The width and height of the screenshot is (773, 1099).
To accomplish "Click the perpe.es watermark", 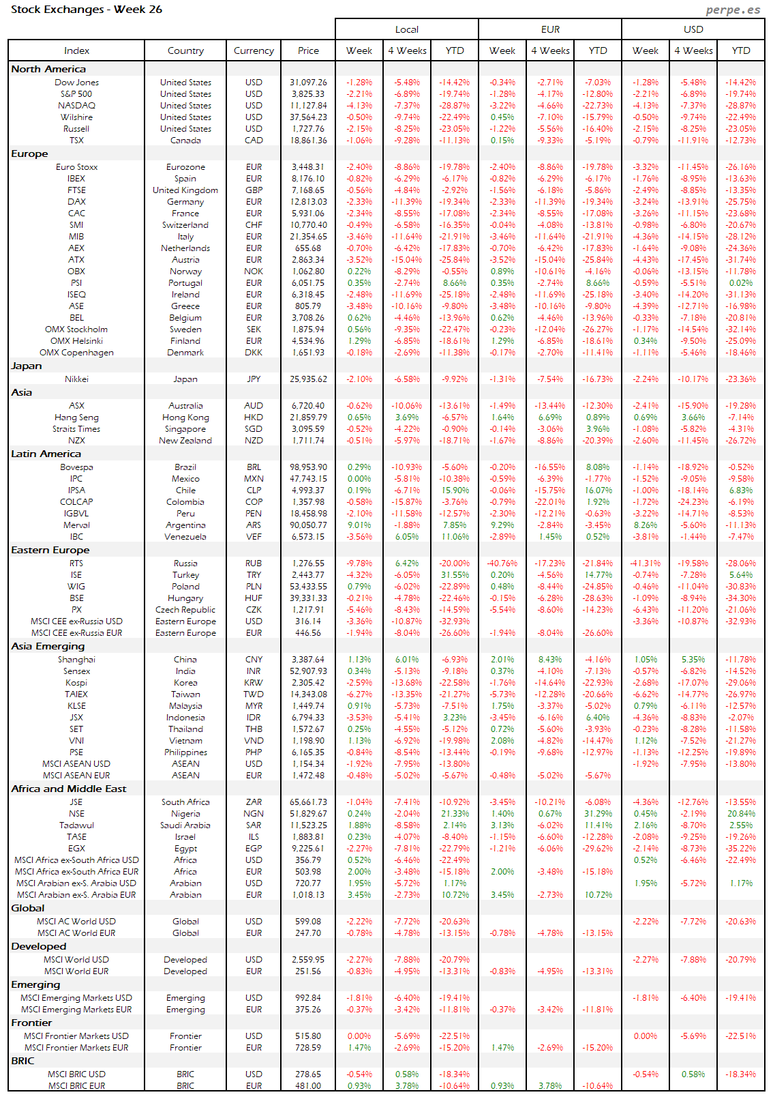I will (x=733, y=10).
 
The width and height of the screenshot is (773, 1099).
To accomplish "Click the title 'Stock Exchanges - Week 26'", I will (x=87, y=10).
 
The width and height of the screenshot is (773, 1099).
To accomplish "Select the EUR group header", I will (x=550, y=29).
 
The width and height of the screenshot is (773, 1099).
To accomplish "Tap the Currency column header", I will (x=254, y=50).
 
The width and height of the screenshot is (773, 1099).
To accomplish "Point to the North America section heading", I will (x=48, y=69).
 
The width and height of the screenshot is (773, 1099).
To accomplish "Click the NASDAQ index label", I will (x=76, y=106).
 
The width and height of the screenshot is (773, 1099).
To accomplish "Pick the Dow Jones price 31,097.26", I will (x=308, y=83).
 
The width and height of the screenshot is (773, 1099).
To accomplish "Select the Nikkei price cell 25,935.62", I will (x=308, y=379).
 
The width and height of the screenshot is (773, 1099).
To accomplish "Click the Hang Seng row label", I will (x=76, y=417).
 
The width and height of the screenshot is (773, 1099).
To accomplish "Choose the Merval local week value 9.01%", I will (x=359, y=525).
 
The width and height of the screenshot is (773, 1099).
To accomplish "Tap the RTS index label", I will (x=76, y=563).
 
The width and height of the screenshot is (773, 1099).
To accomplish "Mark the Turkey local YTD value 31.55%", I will (x=455, y=575).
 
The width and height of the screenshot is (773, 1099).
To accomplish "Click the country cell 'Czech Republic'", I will (x=185, y=610).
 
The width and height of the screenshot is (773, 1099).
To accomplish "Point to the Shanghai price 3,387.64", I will (x=308, y=660).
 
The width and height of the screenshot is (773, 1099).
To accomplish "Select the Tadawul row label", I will (x=76, y=825).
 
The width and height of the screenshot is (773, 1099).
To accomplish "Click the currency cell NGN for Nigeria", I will (x=254, y=814).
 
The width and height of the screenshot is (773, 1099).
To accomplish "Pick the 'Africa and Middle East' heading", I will (x=69, y=789).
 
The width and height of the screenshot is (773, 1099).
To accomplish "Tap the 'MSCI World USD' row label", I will (x=76, y=960).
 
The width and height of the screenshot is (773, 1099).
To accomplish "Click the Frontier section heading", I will (x=31, y=1023).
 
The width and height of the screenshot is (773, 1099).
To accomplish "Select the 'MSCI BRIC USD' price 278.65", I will (x=308, y=1074).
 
